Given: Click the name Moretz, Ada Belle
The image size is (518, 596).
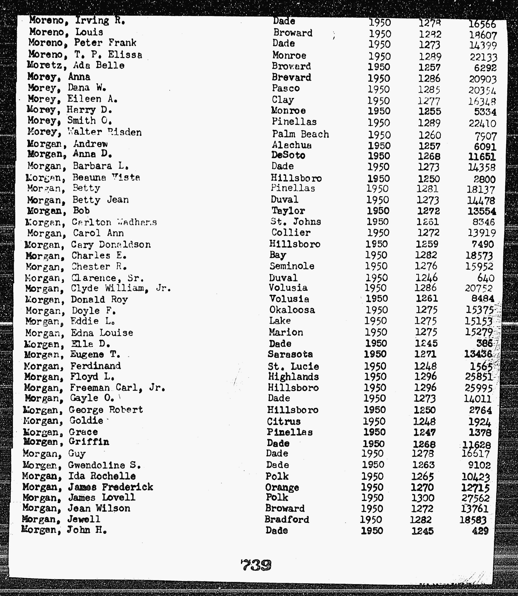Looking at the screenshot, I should (x=76, y=66).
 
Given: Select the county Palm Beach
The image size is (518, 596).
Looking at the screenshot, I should (x=300, y=134).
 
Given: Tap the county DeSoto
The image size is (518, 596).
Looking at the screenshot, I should (x=288, y=155).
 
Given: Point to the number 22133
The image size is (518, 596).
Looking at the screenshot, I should (x=483, y=57).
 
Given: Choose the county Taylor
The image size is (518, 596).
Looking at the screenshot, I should (x=288, y=211).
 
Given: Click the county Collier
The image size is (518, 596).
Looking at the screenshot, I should (x=291, y=233).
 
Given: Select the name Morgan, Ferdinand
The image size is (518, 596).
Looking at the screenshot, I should (x=72, y=366).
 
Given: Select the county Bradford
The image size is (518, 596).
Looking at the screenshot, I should (x=287, y=519).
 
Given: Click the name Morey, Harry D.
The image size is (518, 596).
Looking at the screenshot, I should (x=69, y=110).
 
